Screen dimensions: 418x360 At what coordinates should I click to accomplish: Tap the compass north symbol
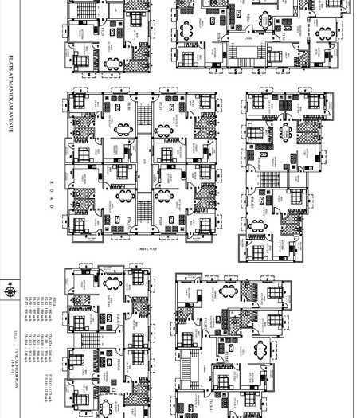pos(10,291)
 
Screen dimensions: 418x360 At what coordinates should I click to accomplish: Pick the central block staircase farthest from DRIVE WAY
pos(143,119)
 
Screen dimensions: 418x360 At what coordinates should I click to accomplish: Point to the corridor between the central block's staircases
pos(143,163)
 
